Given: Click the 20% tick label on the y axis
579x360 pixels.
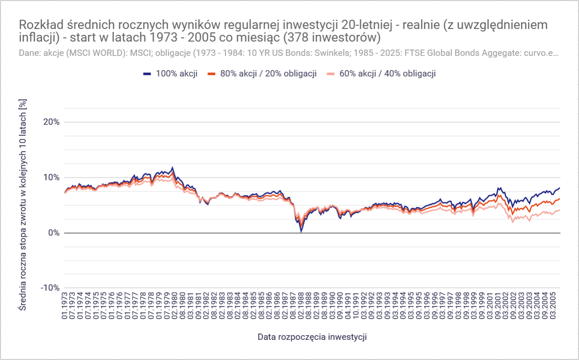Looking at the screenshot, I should click(50, 122).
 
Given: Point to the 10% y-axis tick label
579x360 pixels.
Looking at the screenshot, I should click(50, 177).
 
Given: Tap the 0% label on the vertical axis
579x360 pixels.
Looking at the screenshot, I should click(52, 233).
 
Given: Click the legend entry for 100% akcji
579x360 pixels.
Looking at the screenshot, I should click(170, 73).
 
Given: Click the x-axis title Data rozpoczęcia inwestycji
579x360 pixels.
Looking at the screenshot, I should click(312, 337).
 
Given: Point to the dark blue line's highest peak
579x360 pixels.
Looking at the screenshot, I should click(172, 167).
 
